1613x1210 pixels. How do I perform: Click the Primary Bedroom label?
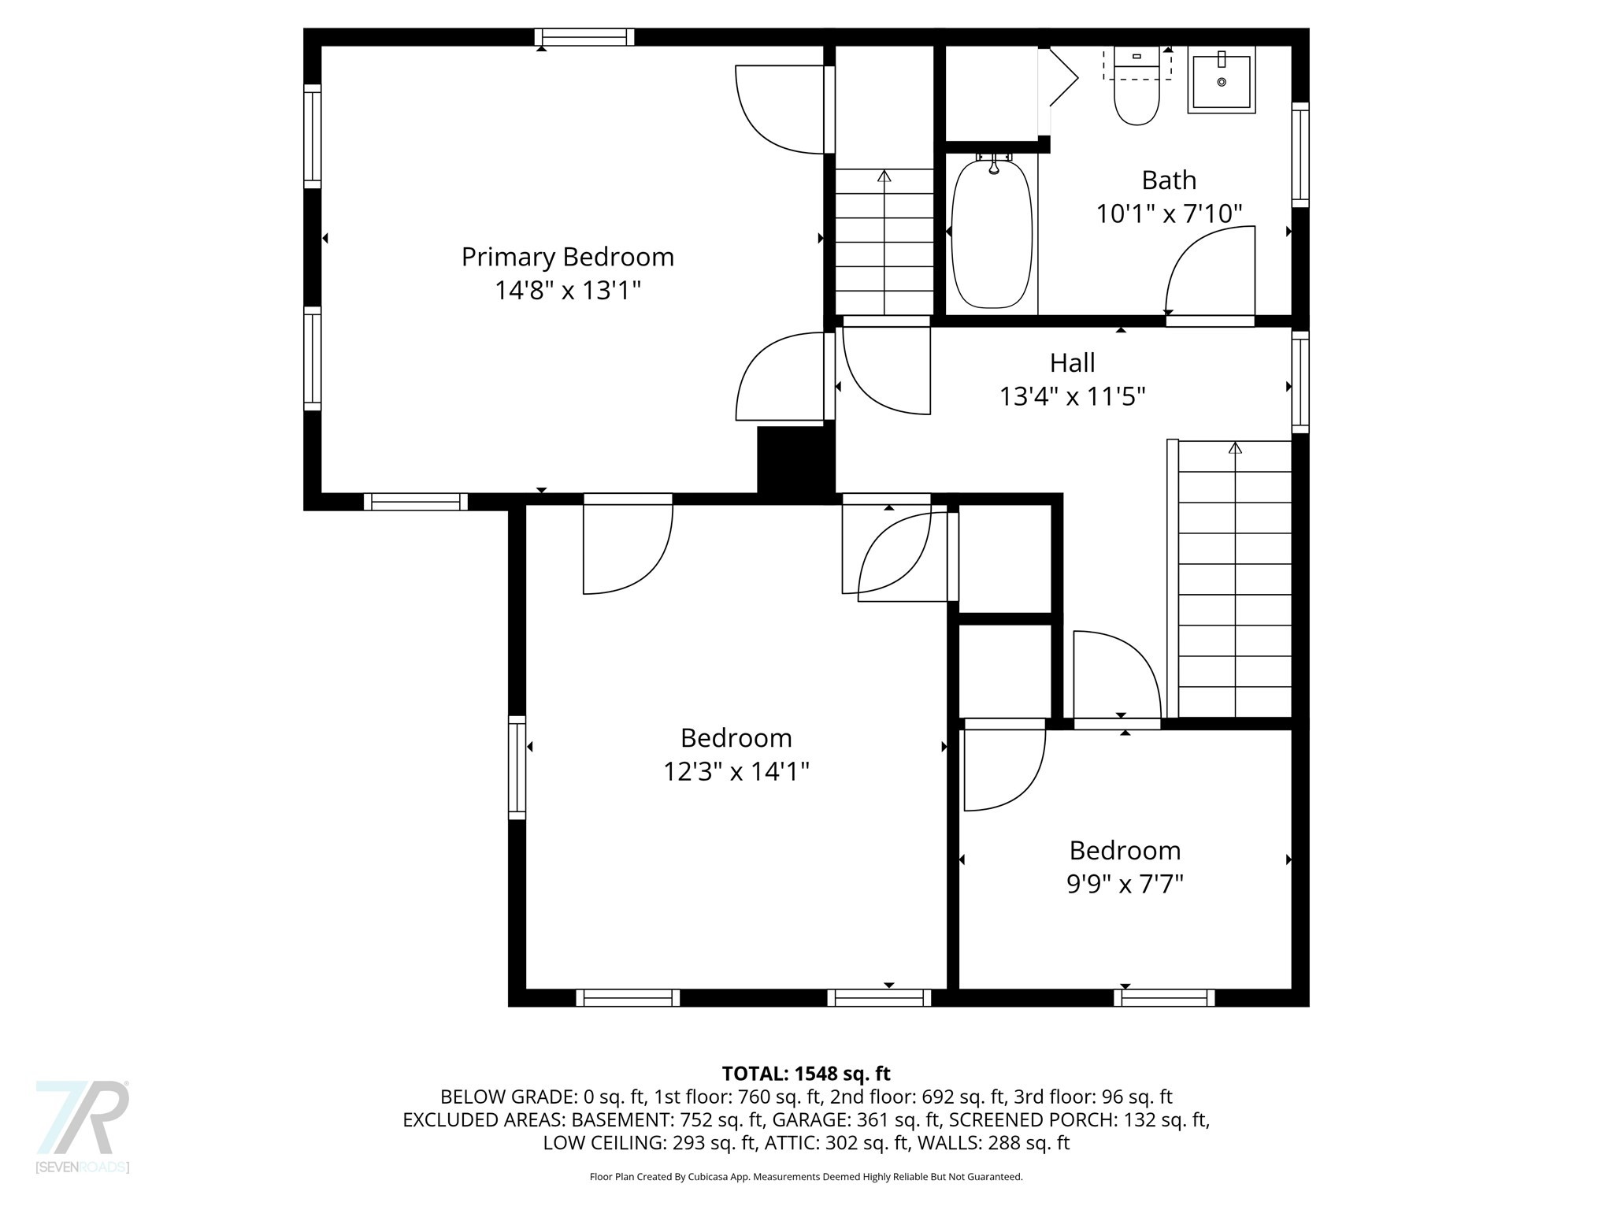[567, 257]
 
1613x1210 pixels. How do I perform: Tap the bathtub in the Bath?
[992, 234]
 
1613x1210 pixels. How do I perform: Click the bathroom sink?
[1221, 81]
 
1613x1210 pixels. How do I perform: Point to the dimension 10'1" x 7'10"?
[1169, 213]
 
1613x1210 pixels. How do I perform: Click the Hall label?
[1072, 362]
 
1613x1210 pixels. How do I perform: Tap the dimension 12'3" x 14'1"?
[736, 771]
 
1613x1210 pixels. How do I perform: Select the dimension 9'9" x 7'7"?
[1125, 884]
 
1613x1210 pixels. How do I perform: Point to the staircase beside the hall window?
[1233, 579]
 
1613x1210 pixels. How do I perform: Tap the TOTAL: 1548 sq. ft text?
[806, 1073]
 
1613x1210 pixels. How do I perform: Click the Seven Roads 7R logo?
[83, 1119]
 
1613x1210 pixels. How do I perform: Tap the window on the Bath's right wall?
[1300, 154]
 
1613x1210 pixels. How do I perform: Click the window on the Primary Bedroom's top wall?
[584, 37]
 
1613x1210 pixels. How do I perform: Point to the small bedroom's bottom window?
[1164, 998]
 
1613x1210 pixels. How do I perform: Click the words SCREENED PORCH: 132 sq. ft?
[1078, 1119]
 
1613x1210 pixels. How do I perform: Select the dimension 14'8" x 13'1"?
[567, 291]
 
